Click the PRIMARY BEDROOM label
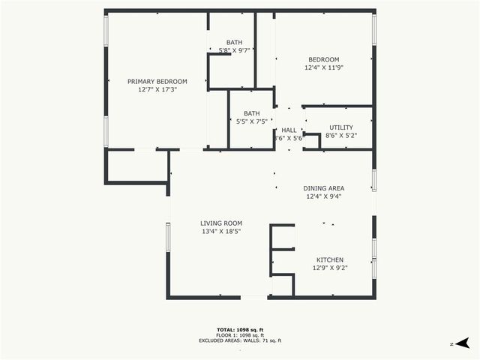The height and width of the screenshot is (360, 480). point(157,81)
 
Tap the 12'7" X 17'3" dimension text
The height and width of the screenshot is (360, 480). point(157,89)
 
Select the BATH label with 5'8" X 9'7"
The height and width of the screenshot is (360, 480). point(234,42)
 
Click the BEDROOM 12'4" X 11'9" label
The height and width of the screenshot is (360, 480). point(323,60)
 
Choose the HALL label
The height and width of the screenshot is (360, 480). point(289,130)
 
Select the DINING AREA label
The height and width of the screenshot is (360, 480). point(323,188)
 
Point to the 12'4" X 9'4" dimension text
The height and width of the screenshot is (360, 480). point(323,196)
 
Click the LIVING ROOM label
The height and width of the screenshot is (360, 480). point(220,223)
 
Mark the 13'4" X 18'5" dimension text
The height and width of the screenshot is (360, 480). point(220,231)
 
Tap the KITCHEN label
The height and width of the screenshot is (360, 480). point(330,259)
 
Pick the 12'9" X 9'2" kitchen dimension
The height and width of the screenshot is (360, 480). point(330,267)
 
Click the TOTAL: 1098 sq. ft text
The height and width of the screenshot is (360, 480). point(239,329)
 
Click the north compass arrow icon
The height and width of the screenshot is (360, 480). point(463,343)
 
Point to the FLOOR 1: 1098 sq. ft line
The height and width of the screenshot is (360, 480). point(239,334)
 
